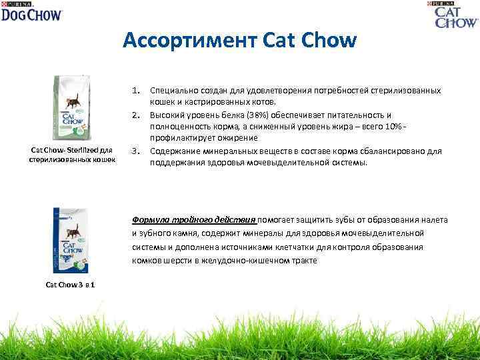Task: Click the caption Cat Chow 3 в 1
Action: coord(69,285)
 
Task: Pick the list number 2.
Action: coord(135,114)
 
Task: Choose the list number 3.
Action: coord(135,151)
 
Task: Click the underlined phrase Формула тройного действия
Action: coord(193,219)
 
